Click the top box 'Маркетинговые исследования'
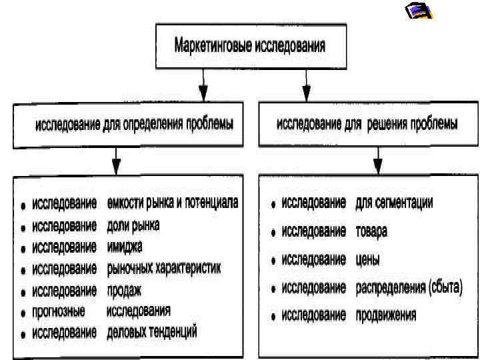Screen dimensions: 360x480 (x=250, y=46)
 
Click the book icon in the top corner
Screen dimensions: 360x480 (x=419, y=11)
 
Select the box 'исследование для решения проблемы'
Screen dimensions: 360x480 (x=367, y=125)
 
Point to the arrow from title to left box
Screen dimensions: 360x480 (x=205, y=85)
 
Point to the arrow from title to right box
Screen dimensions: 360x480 (x=306, y=85)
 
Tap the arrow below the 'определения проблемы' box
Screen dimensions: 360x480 (x=117, y=161)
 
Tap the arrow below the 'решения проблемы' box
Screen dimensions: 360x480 (x=377, y=161)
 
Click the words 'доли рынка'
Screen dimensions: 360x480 (x=133, y=225)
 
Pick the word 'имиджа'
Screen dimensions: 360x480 (x=124, y=247)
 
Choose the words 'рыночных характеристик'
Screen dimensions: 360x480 (x=163, y=269)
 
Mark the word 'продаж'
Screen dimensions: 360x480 (x=124, y=290)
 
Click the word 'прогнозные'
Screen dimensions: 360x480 (x=59, y=311)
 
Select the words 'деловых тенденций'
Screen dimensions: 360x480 (x=152, y=332)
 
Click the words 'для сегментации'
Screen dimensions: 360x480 (x=394, y=203)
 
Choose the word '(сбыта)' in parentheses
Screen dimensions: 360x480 (x=446, y=287)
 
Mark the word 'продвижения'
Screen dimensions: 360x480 (x=386, y=315)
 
